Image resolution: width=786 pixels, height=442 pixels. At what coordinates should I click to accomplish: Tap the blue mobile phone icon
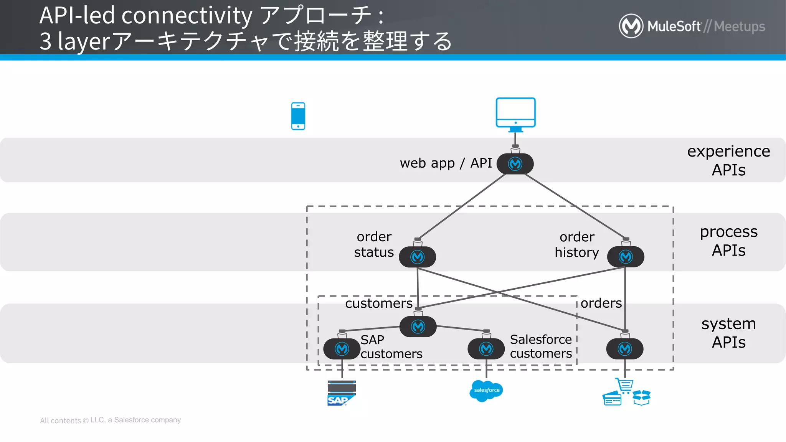pos(298,116)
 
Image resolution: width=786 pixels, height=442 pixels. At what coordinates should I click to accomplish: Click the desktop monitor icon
pos(515,113)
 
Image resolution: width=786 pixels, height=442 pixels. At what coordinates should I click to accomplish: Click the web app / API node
pos(515,164)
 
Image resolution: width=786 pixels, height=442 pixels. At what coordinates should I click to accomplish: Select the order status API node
pos(417,257)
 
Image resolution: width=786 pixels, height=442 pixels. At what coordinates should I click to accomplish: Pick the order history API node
pos(626,257)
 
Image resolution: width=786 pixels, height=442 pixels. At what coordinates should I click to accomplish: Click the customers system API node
pos(418,327)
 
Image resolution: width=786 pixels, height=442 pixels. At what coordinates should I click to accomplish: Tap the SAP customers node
pos(342,349)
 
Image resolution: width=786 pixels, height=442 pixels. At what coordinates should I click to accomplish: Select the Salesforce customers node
pos(486,349)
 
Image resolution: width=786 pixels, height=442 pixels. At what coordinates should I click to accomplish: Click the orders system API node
pos(625,349)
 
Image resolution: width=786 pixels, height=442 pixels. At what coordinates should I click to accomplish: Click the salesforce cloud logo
pos(486,391)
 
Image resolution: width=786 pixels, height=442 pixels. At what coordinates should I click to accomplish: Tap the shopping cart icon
pos(625,385)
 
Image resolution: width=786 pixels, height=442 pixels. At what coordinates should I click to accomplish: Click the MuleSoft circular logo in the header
pos(631,26)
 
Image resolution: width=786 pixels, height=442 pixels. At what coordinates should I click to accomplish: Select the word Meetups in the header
pos(739,26)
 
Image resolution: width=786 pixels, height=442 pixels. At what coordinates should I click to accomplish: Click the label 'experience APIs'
pos(728,160)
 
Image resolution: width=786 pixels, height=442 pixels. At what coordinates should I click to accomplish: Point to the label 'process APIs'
pos(728,241)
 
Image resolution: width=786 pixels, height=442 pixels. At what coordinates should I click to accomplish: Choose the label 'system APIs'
pos(728,333)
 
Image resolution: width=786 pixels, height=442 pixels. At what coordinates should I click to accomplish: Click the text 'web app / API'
pos(446,163)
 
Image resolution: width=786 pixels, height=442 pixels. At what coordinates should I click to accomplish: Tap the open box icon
pos(641,397)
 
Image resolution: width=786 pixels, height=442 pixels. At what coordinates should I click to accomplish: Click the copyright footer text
pos(111,420)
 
